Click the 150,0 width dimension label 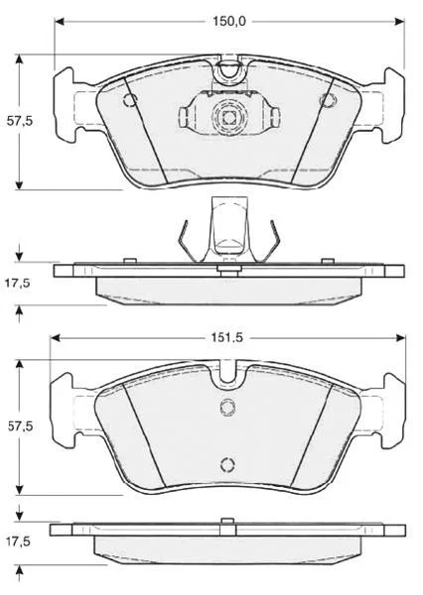pos(229,21)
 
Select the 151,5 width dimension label pos(227,337)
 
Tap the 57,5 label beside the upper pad pos(20,121)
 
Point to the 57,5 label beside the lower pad pos(20,426)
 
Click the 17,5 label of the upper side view pos(17,283)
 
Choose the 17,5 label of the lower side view pos(17,541)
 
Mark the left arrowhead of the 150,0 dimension pos(60,21)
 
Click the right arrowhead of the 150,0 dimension pos(399,21)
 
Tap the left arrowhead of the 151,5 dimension pos(56,337)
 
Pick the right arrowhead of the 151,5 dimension pos(400,337)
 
